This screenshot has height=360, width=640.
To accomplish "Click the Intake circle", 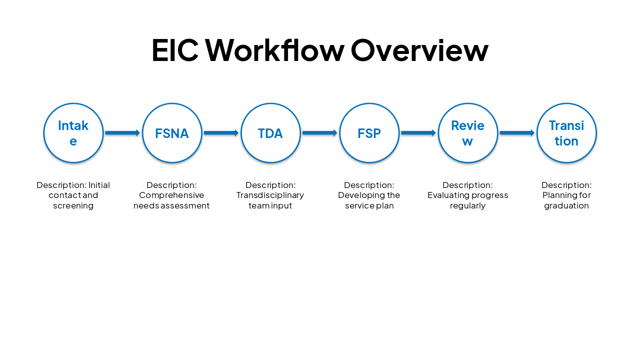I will (73, 133).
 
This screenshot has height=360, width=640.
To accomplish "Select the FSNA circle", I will (172, 133).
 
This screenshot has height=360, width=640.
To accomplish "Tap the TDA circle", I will (270, 133).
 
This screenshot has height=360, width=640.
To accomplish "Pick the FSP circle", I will (369, 133).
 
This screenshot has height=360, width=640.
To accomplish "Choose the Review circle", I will (467, 133).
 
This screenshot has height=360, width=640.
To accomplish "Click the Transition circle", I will (566, 133).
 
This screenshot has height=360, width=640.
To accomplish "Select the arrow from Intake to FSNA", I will (122, 133).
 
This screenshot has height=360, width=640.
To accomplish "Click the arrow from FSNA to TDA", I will (221, 133).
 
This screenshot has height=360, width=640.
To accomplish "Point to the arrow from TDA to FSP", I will (319, 133).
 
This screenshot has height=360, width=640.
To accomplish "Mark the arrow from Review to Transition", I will (517, 133).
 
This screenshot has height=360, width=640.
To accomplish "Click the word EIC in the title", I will (174, 50).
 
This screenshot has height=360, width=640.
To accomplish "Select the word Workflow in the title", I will (274, 50).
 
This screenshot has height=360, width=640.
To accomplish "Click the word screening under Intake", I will (73, 206).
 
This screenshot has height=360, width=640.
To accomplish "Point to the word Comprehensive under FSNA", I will (171, 195).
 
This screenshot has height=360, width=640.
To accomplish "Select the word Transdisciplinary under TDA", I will (270, 195).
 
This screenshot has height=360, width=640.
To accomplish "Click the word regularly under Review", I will (467, 206).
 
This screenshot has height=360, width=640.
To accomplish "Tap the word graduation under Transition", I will (566, 206).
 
